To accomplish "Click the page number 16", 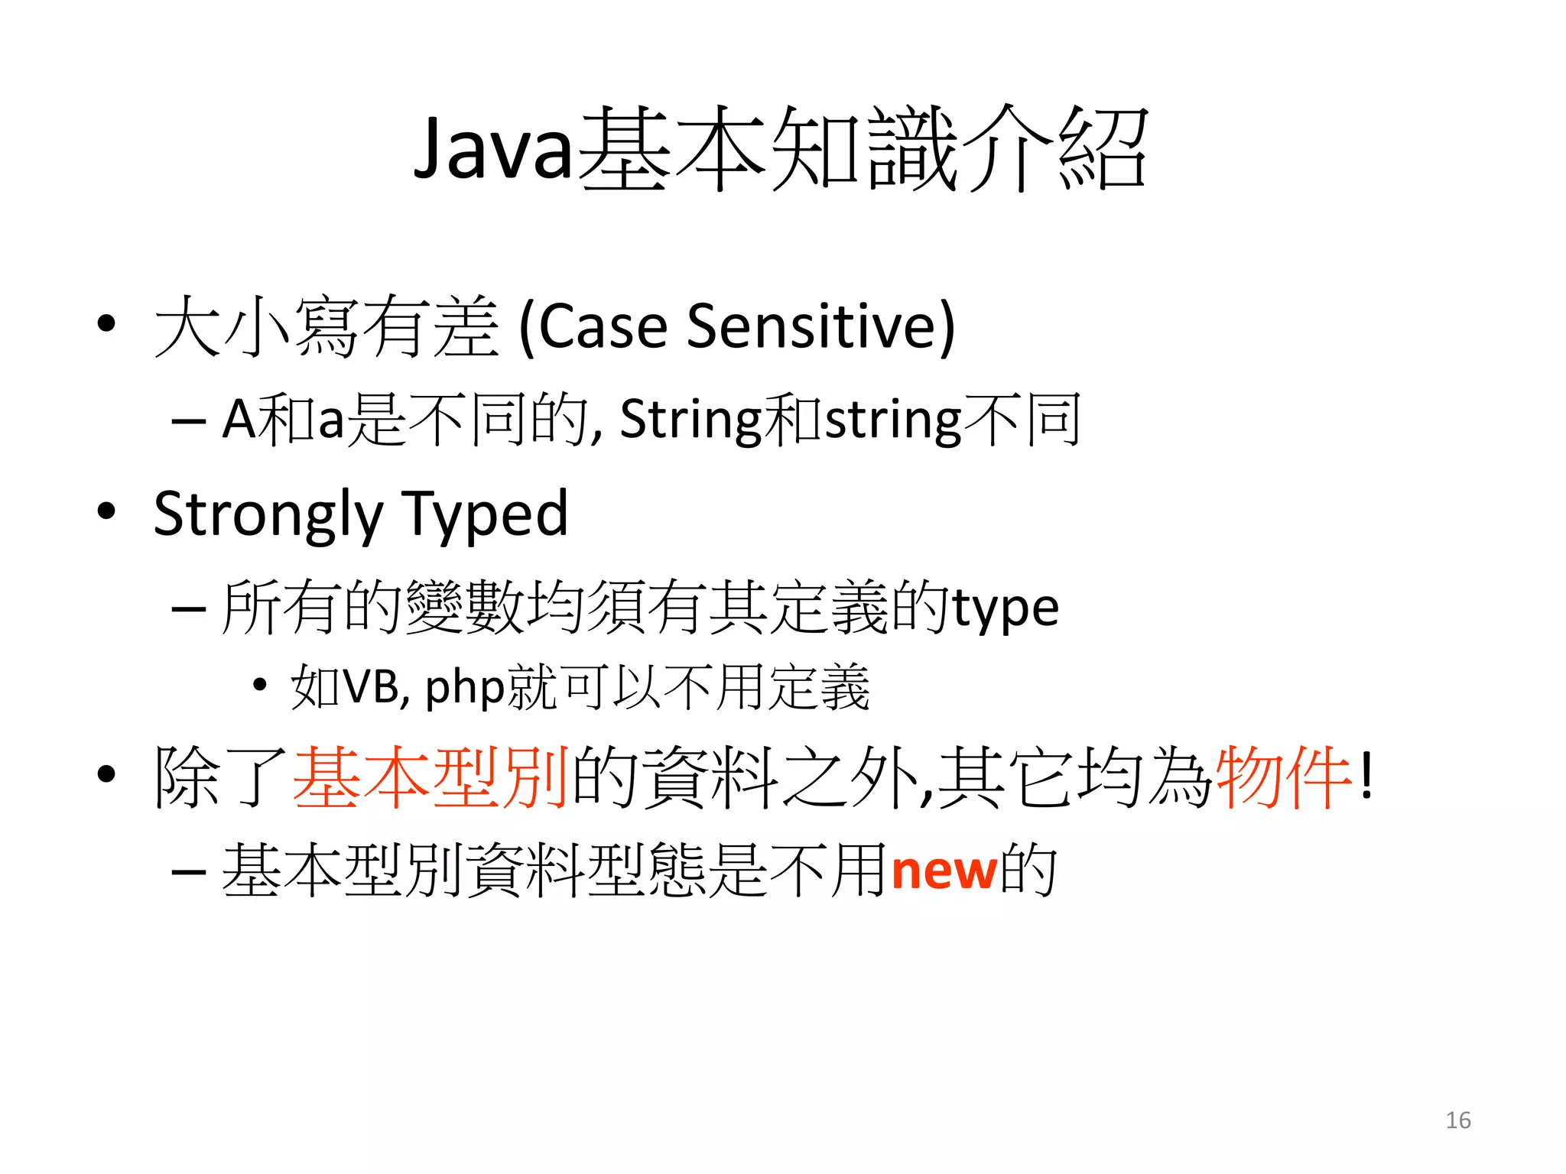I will (x=1457, y=1120).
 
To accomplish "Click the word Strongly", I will (x=268, y=514).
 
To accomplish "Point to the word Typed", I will (x=485, y=514).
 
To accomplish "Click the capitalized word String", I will (x=690, y=420).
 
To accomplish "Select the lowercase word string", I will (x=893, y=420).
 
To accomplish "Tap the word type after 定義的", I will (x=1005, y=609).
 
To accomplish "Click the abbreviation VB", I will (x=369, y=686).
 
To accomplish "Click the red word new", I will (x=944, y=871).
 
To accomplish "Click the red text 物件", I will (x=1284, y=777).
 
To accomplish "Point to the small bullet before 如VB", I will (x=260, y=685).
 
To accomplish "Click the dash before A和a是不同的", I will (x=188, y=421).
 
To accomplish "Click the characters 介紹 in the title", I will (x=1055, y=148).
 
